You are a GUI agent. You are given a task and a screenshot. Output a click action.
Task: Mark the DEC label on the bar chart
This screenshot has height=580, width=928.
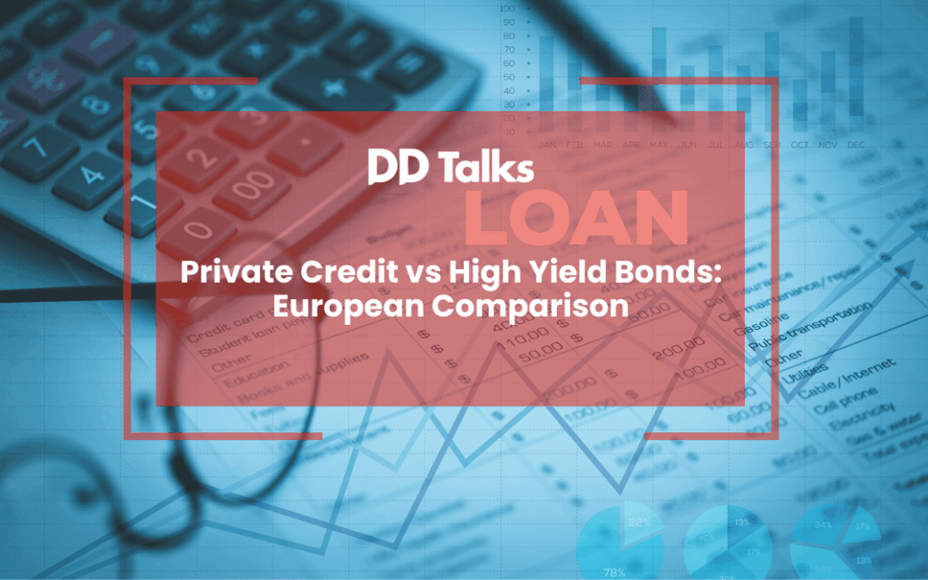856,145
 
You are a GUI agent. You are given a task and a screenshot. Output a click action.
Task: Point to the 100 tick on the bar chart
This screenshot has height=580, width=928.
508,8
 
